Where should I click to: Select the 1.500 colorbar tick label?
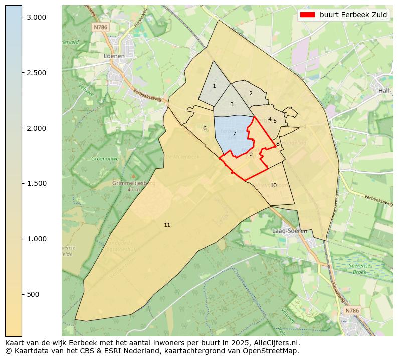(36, 183)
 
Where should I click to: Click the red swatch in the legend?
(307, 15)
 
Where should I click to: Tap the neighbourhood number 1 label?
(214, 86)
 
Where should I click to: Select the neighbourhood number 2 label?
(251, 93)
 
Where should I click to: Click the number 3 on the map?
(232, 104)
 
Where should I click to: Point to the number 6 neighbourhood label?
(205, 129)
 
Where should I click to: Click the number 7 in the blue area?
(234, 134)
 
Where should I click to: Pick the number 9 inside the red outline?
(251, 154)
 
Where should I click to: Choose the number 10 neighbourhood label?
(273, 185)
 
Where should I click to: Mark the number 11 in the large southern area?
(167, 225)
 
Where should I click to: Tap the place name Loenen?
(114, 56)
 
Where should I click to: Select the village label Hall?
(384, 90)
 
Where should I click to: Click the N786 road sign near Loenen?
(100, 27)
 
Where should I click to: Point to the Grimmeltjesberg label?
(134, 183)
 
